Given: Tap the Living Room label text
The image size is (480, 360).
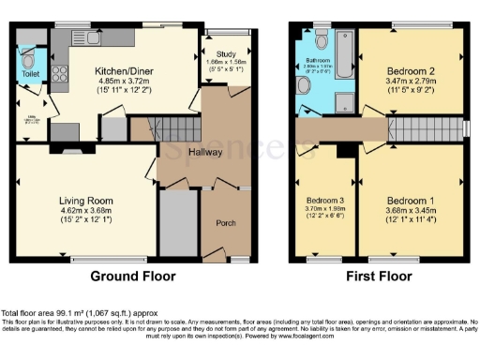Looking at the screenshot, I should [86, 201].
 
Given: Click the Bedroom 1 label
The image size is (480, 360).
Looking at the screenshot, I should [410, 201].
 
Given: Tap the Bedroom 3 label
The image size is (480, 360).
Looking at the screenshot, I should [324, 201].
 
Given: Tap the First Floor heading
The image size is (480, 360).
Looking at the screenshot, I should [376, 277].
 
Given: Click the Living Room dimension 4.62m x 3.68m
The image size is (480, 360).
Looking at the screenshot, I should [86, 211].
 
